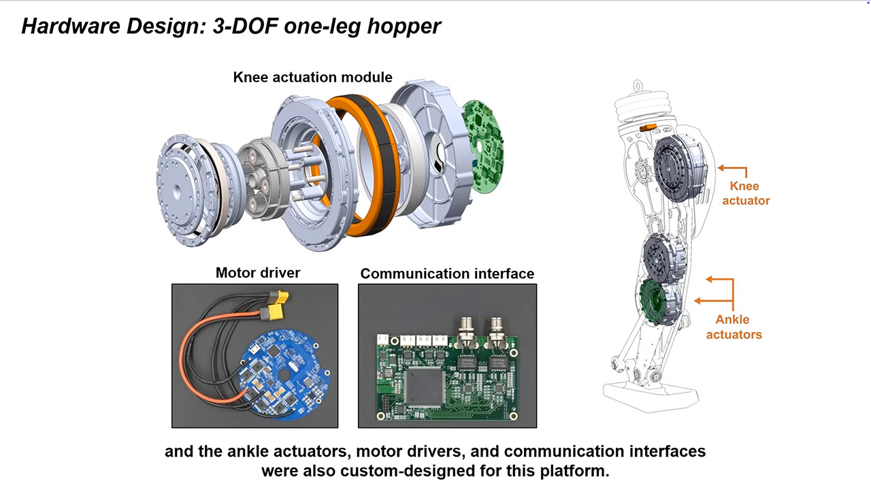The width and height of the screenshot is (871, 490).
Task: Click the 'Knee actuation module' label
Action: click(x=312, y=77)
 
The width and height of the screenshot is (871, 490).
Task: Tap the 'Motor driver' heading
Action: click(x=257, y=273)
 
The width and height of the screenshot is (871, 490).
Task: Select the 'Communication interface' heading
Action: click(x=447, y=274)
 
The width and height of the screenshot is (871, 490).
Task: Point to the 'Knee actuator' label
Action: click(x=745, y=193)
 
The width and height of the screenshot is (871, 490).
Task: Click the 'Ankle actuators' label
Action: click(x=733, y=327)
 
